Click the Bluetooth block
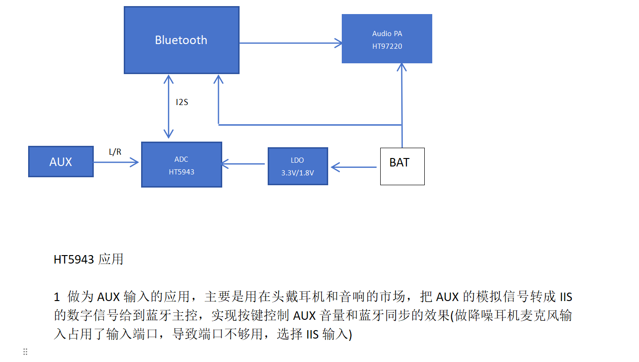181,40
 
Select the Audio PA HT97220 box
387,39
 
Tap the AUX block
61,162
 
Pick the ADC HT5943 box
181,165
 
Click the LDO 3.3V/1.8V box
298,166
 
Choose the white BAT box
402,166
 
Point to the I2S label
182,102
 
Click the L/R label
115,152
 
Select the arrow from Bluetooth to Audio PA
290,43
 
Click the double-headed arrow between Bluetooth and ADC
168,106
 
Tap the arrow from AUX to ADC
116,162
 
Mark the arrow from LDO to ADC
244,164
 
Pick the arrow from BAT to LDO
354,166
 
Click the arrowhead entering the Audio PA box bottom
401,67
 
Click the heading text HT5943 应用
89,259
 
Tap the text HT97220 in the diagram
387,46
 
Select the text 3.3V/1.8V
298,173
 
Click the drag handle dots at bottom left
25,352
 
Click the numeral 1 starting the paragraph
57,297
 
